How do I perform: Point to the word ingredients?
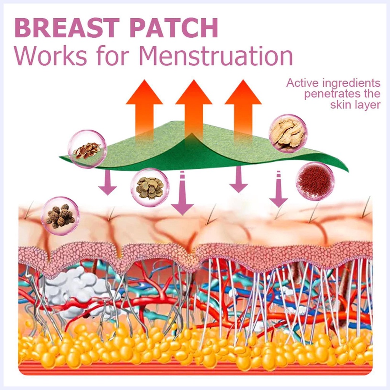351,84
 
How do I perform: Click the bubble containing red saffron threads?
315,181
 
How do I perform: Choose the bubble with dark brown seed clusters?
61,216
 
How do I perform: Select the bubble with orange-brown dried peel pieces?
87,149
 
